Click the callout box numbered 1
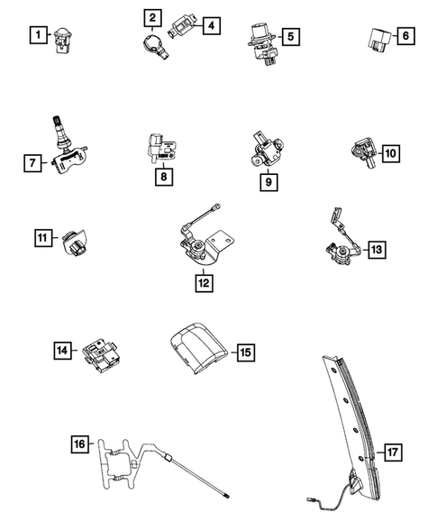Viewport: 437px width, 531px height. coord(37,37)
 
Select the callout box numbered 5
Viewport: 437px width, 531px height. coord(291,37)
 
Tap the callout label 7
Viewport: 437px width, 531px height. coord(32,163)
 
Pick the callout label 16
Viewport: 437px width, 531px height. coord(79,444)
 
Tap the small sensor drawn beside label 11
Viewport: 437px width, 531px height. coord(74,242)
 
